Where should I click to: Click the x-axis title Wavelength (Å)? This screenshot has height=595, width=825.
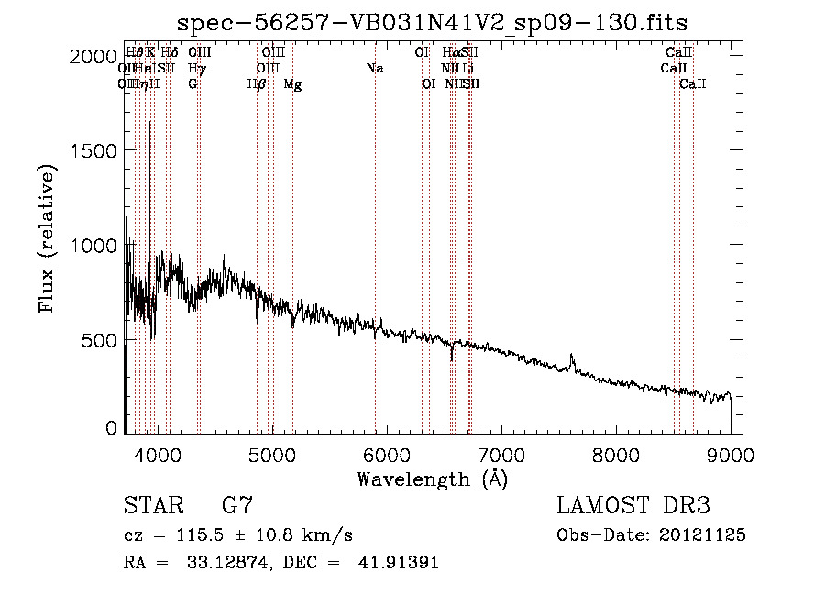pyautogui.click(x=432, y=479)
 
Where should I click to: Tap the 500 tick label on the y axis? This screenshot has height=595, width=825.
pyautogui.click(x=100, y=340)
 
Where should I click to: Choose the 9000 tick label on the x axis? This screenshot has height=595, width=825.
pyautogui.click(x=731, y=454)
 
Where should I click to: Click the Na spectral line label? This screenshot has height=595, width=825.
pyautogui.click(x=374, y=69)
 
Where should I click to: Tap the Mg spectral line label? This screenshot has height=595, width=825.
pyautogui.click(x=292, y=84)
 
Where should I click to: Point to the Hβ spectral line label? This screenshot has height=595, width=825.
pyautogui.click(x=257, y=84)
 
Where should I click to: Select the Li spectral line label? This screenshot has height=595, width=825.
pyautogui.click(x=467, y=69)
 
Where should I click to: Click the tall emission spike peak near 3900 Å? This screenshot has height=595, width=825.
pyautogui.click(x=149, y=122)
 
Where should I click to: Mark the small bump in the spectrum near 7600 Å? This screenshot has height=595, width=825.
pyautogui.click(x=572, y=358)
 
